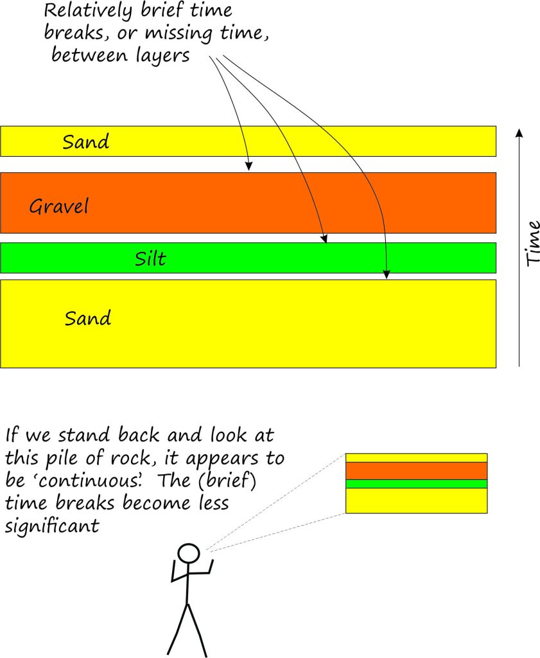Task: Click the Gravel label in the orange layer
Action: click(59, 207)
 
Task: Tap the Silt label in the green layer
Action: click(151, 258)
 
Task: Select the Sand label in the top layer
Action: click(85, 141)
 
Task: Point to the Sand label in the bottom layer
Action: click(87, 317)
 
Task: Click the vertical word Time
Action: click(532, 244)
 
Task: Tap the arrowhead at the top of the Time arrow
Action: click(519, 133)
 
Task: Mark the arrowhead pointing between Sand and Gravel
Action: click(249, 166)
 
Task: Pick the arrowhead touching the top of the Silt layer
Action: click(326, 239)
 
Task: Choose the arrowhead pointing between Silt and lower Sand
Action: click(387, 276)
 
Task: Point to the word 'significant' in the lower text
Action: click(52, 526)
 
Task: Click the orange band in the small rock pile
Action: click(416, 470)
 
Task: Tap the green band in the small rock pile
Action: click(416, 484)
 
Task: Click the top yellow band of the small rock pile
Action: click(416, 458)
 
